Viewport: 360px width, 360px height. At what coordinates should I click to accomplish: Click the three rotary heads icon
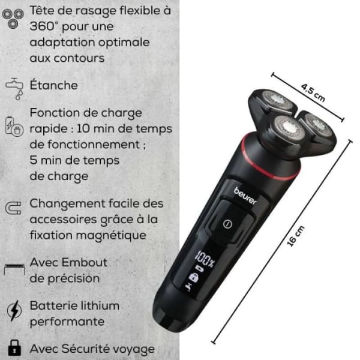coord(13,19)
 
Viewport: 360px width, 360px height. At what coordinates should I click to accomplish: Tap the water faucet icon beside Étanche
coord(14,89)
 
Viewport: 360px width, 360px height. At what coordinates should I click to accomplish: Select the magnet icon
coord(13,208)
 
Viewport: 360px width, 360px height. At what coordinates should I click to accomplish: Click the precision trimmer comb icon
coord(14,269)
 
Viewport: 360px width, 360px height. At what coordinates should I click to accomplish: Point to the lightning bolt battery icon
coord(14,310)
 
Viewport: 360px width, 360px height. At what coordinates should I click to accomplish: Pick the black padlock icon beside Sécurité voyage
coord(14,347)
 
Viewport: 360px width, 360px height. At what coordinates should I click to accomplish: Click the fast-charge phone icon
coord(14,127)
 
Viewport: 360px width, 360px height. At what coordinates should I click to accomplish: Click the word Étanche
coord(54,85)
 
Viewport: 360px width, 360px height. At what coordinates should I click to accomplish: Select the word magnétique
coord(111,236)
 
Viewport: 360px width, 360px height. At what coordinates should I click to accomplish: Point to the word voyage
coord(133,349)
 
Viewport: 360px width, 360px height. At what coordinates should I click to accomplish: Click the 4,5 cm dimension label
coord(313,92)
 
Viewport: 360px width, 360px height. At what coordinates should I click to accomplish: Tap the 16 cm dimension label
coord(296,236)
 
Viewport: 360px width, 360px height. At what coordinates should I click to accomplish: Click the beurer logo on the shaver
coord(245,196)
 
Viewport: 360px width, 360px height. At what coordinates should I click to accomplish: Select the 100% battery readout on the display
coord(204,259)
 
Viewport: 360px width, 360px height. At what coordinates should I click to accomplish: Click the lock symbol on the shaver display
coord(194,277)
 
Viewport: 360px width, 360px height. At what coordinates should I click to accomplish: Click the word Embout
coord(84,262)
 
